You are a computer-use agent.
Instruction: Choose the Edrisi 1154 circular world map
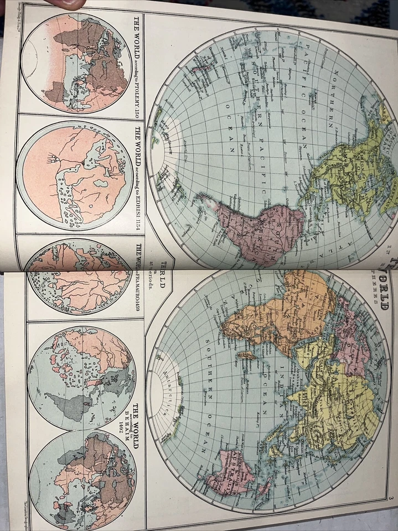coord(75,174)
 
